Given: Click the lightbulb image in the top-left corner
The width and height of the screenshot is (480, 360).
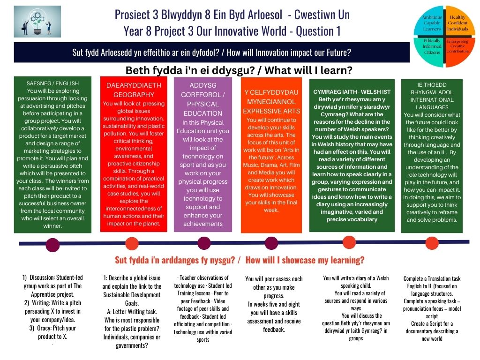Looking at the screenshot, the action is tap(37, 22).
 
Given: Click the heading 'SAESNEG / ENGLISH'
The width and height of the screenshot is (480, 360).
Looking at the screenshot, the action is tap(52, 83).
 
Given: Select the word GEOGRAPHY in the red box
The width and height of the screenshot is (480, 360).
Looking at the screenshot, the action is tap(134, 95).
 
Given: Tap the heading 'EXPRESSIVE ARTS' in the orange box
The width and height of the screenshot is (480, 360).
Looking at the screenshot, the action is tap(271, 111).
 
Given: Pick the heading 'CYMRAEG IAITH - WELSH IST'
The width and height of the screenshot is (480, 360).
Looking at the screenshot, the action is tap(352, 91).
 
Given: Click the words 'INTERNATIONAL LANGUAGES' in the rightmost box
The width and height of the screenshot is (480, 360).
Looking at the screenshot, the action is tap(432, 104).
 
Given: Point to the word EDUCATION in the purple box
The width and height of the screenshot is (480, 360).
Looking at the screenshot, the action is tap(203, 113).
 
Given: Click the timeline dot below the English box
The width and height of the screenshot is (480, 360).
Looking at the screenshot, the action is tap(52, 245).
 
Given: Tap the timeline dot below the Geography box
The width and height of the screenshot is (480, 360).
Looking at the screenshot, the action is tap(132, 244).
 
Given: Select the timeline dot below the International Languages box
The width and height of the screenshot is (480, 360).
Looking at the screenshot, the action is tap(432, 243).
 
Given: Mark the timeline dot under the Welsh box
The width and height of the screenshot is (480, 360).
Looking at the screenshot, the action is tap(349, 242).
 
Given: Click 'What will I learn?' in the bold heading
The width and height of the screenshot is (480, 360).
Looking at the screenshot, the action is tap(308, 70).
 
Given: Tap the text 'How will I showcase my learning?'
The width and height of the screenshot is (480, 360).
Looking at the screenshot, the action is tap(305, 260).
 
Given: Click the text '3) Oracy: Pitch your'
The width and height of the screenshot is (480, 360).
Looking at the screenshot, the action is tap(52, 328).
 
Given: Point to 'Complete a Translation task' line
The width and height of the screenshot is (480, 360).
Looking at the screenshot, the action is tap(432, 278).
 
